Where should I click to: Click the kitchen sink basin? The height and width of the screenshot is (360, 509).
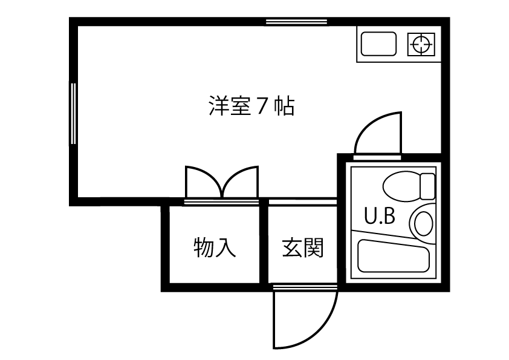tap(378, 44)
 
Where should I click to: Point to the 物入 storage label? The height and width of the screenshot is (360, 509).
tap(215, 247)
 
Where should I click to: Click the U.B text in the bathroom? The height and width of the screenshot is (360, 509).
tap(379, 217)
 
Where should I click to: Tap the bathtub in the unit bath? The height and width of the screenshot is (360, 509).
tap(393, 256)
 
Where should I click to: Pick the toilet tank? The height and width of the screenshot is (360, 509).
tap(428, 186)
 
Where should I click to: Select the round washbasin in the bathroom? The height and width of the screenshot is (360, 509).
tap(423, 222)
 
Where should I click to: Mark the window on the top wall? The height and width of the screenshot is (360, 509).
tap(296, 22)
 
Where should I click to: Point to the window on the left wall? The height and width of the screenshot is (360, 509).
tap(73, 113)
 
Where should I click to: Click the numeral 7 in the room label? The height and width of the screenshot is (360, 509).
tap(262, 106)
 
